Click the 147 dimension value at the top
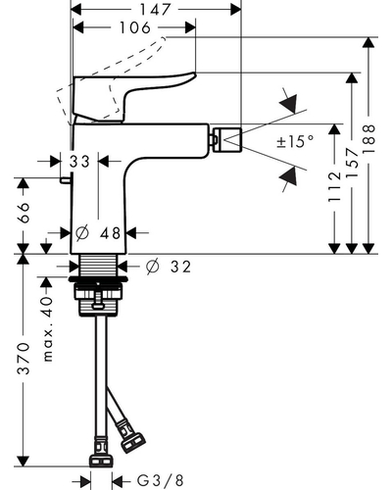(x=155, y=10)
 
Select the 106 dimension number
(x=135, y=27)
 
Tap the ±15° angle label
(x=295, y=141)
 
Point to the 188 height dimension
(x=368, y=138)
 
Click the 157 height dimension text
(x=352, y=162)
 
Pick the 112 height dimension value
(x=334, y=186)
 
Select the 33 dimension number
(x=79, y=162)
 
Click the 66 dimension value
(x=23, y=213)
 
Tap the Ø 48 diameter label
(x=98, y=233)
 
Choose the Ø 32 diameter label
(x=169, y=267)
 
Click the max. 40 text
(x=48, y=328)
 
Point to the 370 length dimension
(x=23, y=358)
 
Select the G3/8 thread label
(x=160, y=480)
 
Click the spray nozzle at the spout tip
(x=227, y=140)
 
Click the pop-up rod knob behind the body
(x=66, y=180)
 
